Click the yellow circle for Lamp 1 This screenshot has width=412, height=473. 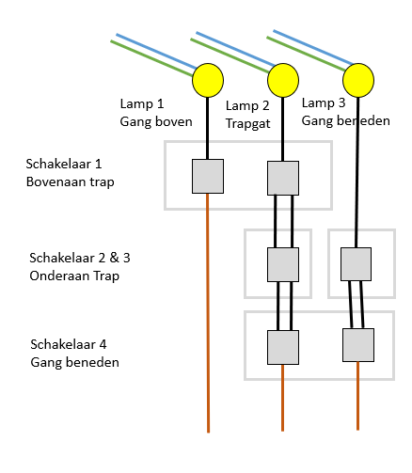(x=208, y=80)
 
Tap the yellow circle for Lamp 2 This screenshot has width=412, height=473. (x=283, y=80)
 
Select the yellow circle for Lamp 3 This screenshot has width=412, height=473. (x=358, y=80)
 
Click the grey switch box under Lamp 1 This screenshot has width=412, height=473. (x=208, y=176)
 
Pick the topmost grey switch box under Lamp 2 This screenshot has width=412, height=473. (x=283, y=178)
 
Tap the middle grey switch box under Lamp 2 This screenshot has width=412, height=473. (x=283, y=264)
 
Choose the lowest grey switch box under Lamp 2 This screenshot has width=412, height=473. (x=283, y=347)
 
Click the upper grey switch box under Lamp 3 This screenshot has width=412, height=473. (x=356, y=264)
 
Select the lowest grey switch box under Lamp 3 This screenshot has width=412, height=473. (x=358, y=345)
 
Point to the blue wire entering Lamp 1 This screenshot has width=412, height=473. (x=156, y=51)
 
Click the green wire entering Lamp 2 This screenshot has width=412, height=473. (x=230, y=55)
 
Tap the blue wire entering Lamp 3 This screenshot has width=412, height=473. (x=313, y=48)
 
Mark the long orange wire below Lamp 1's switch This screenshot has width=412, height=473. (x=208, y=313)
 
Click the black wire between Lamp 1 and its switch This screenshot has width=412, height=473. (x=207, y=128)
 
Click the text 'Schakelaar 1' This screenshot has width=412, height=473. (x=64, y=164)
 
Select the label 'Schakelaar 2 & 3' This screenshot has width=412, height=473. (x=80, y=258)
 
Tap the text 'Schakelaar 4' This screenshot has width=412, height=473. (x=69, y=344)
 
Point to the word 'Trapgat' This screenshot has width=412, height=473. (x=247, y=123)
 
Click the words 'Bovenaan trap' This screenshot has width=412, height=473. (x=70, y=181)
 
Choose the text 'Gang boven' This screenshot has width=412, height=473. (x=156, y=121)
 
